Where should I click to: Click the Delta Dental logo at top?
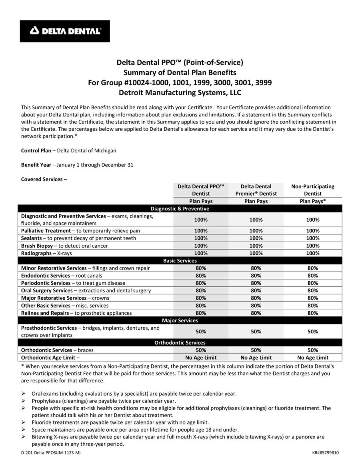65,31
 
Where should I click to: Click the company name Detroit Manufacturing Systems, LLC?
180,93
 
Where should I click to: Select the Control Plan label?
36,150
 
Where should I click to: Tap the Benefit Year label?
36,165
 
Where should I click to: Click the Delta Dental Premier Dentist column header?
256,190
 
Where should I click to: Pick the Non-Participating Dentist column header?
312,190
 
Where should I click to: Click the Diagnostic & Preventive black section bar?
180,208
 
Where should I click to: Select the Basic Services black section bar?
180,261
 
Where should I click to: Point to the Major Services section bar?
180,320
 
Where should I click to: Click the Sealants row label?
31,238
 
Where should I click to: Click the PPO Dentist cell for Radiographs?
200,253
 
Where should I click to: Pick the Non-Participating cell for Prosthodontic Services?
312,332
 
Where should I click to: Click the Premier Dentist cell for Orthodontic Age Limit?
256,358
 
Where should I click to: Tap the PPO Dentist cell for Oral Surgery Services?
200,290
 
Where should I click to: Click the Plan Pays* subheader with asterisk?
312,201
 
